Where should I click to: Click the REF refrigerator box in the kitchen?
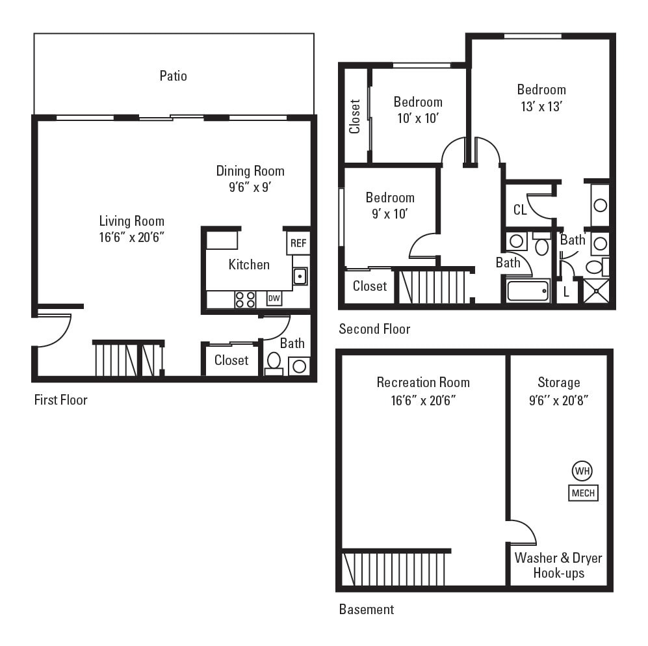pos(298,243)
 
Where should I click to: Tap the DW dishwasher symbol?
pos(274,299)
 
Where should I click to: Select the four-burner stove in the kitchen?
pos(245,299)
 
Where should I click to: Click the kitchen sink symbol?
pos(300,276)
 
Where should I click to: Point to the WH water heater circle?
pos(582,470)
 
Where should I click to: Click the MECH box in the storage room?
pos(583,493)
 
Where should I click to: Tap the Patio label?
pos(173,76)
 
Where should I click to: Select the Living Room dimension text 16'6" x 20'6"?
pos(131,237)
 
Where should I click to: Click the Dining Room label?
pos(250,171)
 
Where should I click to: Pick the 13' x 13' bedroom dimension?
pos(541,106)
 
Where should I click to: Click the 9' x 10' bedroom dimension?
pos(389,214)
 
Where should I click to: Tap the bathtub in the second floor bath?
pos(528,290)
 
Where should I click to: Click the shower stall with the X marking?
pos(596,290)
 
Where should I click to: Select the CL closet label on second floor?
pos(520,210)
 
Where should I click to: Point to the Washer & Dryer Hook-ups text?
pos(558,565)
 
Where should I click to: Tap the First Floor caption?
pos(60,399)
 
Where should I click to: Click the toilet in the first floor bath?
pos(274,361)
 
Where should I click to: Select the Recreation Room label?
pos(423,383)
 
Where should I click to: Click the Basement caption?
pos(367,610)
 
